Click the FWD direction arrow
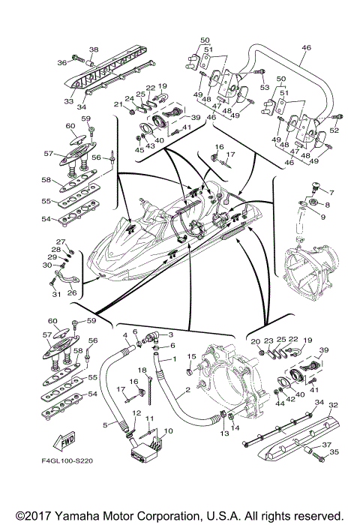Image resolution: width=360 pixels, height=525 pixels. coord(64,442)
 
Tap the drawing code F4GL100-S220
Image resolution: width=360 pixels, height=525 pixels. coord(67,461)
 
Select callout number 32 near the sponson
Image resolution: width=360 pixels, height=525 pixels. coord(333,405)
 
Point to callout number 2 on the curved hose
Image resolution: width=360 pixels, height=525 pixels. coord(187,390)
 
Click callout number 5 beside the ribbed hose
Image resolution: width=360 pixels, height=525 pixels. coord(105,425)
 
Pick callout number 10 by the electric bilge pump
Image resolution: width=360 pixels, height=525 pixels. coord(169,430)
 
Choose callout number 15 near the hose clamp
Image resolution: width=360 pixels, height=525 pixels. coord(191,356)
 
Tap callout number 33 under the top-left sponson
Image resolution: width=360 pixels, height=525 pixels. coord(69,100)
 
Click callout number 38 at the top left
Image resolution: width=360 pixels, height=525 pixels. coord(94,50)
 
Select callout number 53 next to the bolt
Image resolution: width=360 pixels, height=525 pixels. coord(265,87)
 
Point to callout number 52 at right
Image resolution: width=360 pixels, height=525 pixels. coord(334,130)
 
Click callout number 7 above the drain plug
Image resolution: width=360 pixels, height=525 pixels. coord(331,193)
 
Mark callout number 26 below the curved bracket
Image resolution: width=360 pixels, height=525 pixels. coord(72,292)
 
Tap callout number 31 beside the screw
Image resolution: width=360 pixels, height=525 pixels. coord(56,294)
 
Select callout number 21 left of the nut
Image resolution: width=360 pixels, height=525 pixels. coord(118,104)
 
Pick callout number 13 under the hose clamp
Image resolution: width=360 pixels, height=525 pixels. coord(224,433)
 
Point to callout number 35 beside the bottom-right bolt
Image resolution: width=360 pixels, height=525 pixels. coord(334,452)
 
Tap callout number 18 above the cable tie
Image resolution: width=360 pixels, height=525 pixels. coord(142,370)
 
